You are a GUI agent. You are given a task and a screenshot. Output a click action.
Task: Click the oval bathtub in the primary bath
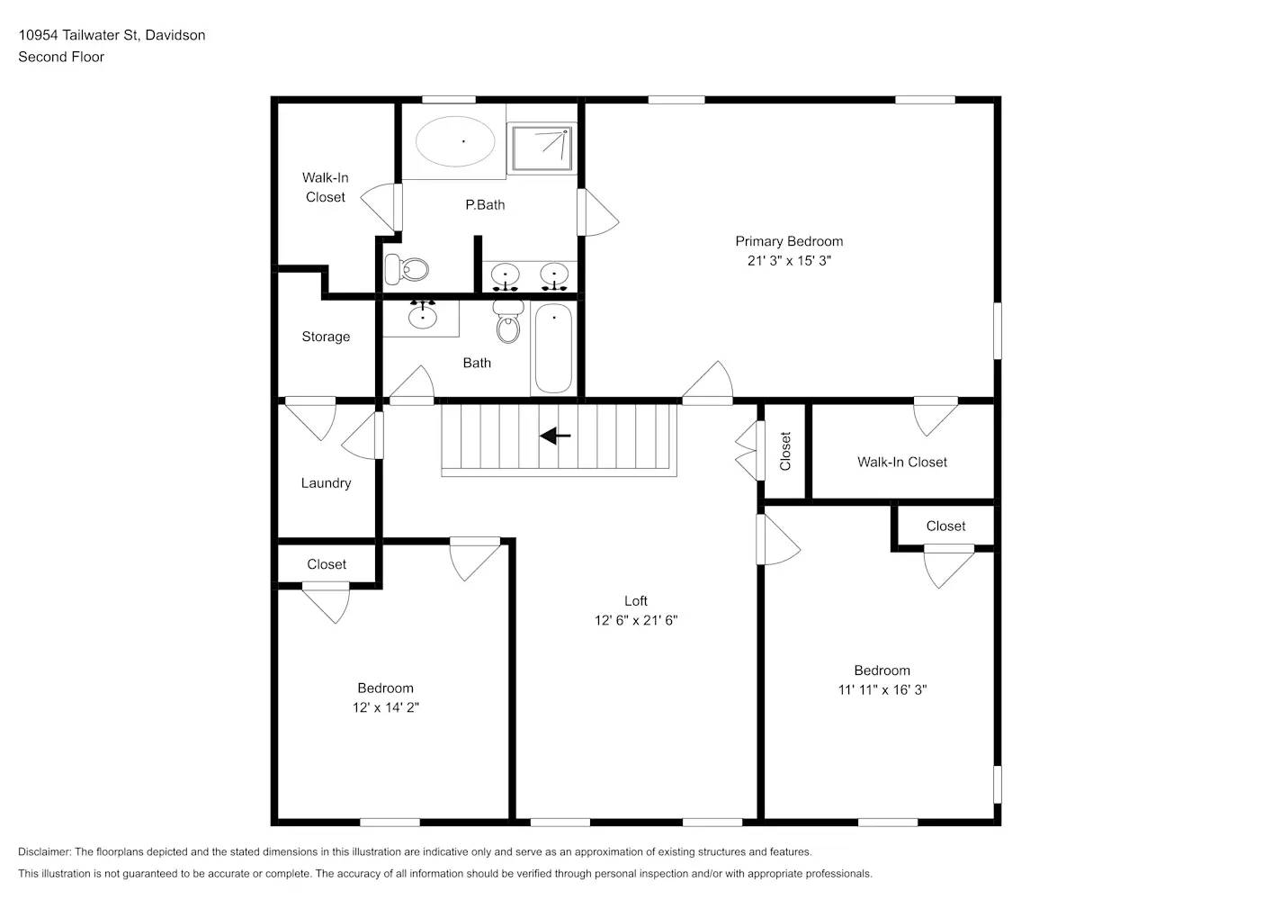click(x=455, y=141)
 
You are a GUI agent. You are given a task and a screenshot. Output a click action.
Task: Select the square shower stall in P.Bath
click(x=542, y=148)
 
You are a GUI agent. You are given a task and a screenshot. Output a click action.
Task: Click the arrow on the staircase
click(x=555, y=436)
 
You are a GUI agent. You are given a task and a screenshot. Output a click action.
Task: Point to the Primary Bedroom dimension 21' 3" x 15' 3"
click(x=789, y=261)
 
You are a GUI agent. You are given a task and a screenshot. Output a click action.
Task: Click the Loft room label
click(x=635, y=601)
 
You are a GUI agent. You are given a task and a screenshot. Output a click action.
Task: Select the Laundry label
click(x=326, y=483)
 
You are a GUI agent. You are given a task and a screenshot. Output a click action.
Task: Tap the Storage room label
click(x=326, y=337)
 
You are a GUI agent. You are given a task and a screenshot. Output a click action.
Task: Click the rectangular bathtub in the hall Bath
click(x=553, y=348)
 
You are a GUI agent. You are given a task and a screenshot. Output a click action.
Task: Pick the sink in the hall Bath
click(x=422, y=317)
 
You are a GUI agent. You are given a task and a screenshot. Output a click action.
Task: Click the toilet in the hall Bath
click(x=508, y=323)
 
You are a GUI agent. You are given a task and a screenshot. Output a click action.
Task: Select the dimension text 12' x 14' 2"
click(x=385, y=707)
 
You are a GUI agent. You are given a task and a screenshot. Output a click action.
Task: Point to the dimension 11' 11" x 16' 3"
click(x=882, y=690)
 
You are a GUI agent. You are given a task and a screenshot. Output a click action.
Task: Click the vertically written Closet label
click(x=785, y=451)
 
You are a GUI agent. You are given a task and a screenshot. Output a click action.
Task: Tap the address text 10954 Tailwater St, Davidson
click(x=112, y=35)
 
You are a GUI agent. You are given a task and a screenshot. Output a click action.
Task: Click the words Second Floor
click(x=61, y=57)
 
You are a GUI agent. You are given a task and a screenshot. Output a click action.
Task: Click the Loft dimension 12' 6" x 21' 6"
click(x=635, y=620)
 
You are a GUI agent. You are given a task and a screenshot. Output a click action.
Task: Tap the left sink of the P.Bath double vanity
click(x=506, y=274)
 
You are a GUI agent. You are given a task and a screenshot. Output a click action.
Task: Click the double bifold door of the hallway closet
click(x=746, y=450)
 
